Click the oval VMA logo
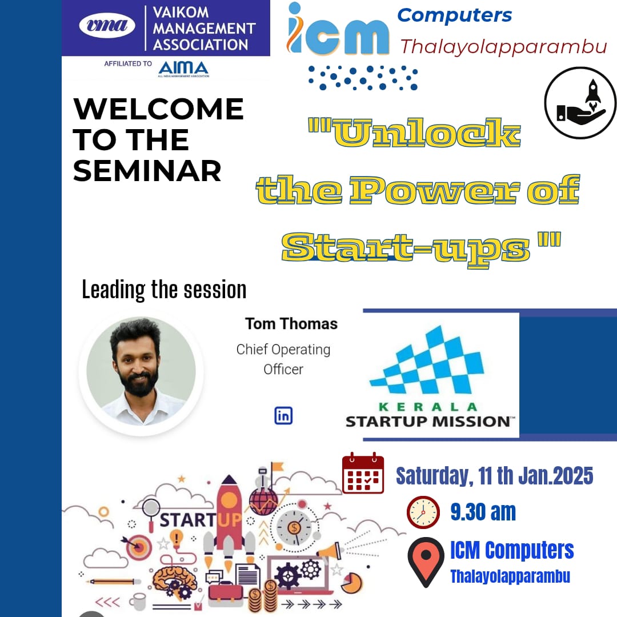[107, 26]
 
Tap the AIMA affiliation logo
[183, 69]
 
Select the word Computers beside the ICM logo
[455, 16]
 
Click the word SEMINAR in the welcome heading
[147, 171]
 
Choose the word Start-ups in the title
[406, 249]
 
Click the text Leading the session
[164, 290]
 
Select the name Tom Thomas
[291, 324]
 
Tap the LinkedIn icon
[283, 415]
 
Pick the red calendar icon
[363, 473]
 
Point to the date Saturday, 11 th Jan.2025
[495, 476]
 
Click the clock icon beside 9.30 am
[423, 512]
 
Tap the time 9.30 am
[483, 512]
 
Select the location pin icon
[426, 562]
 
